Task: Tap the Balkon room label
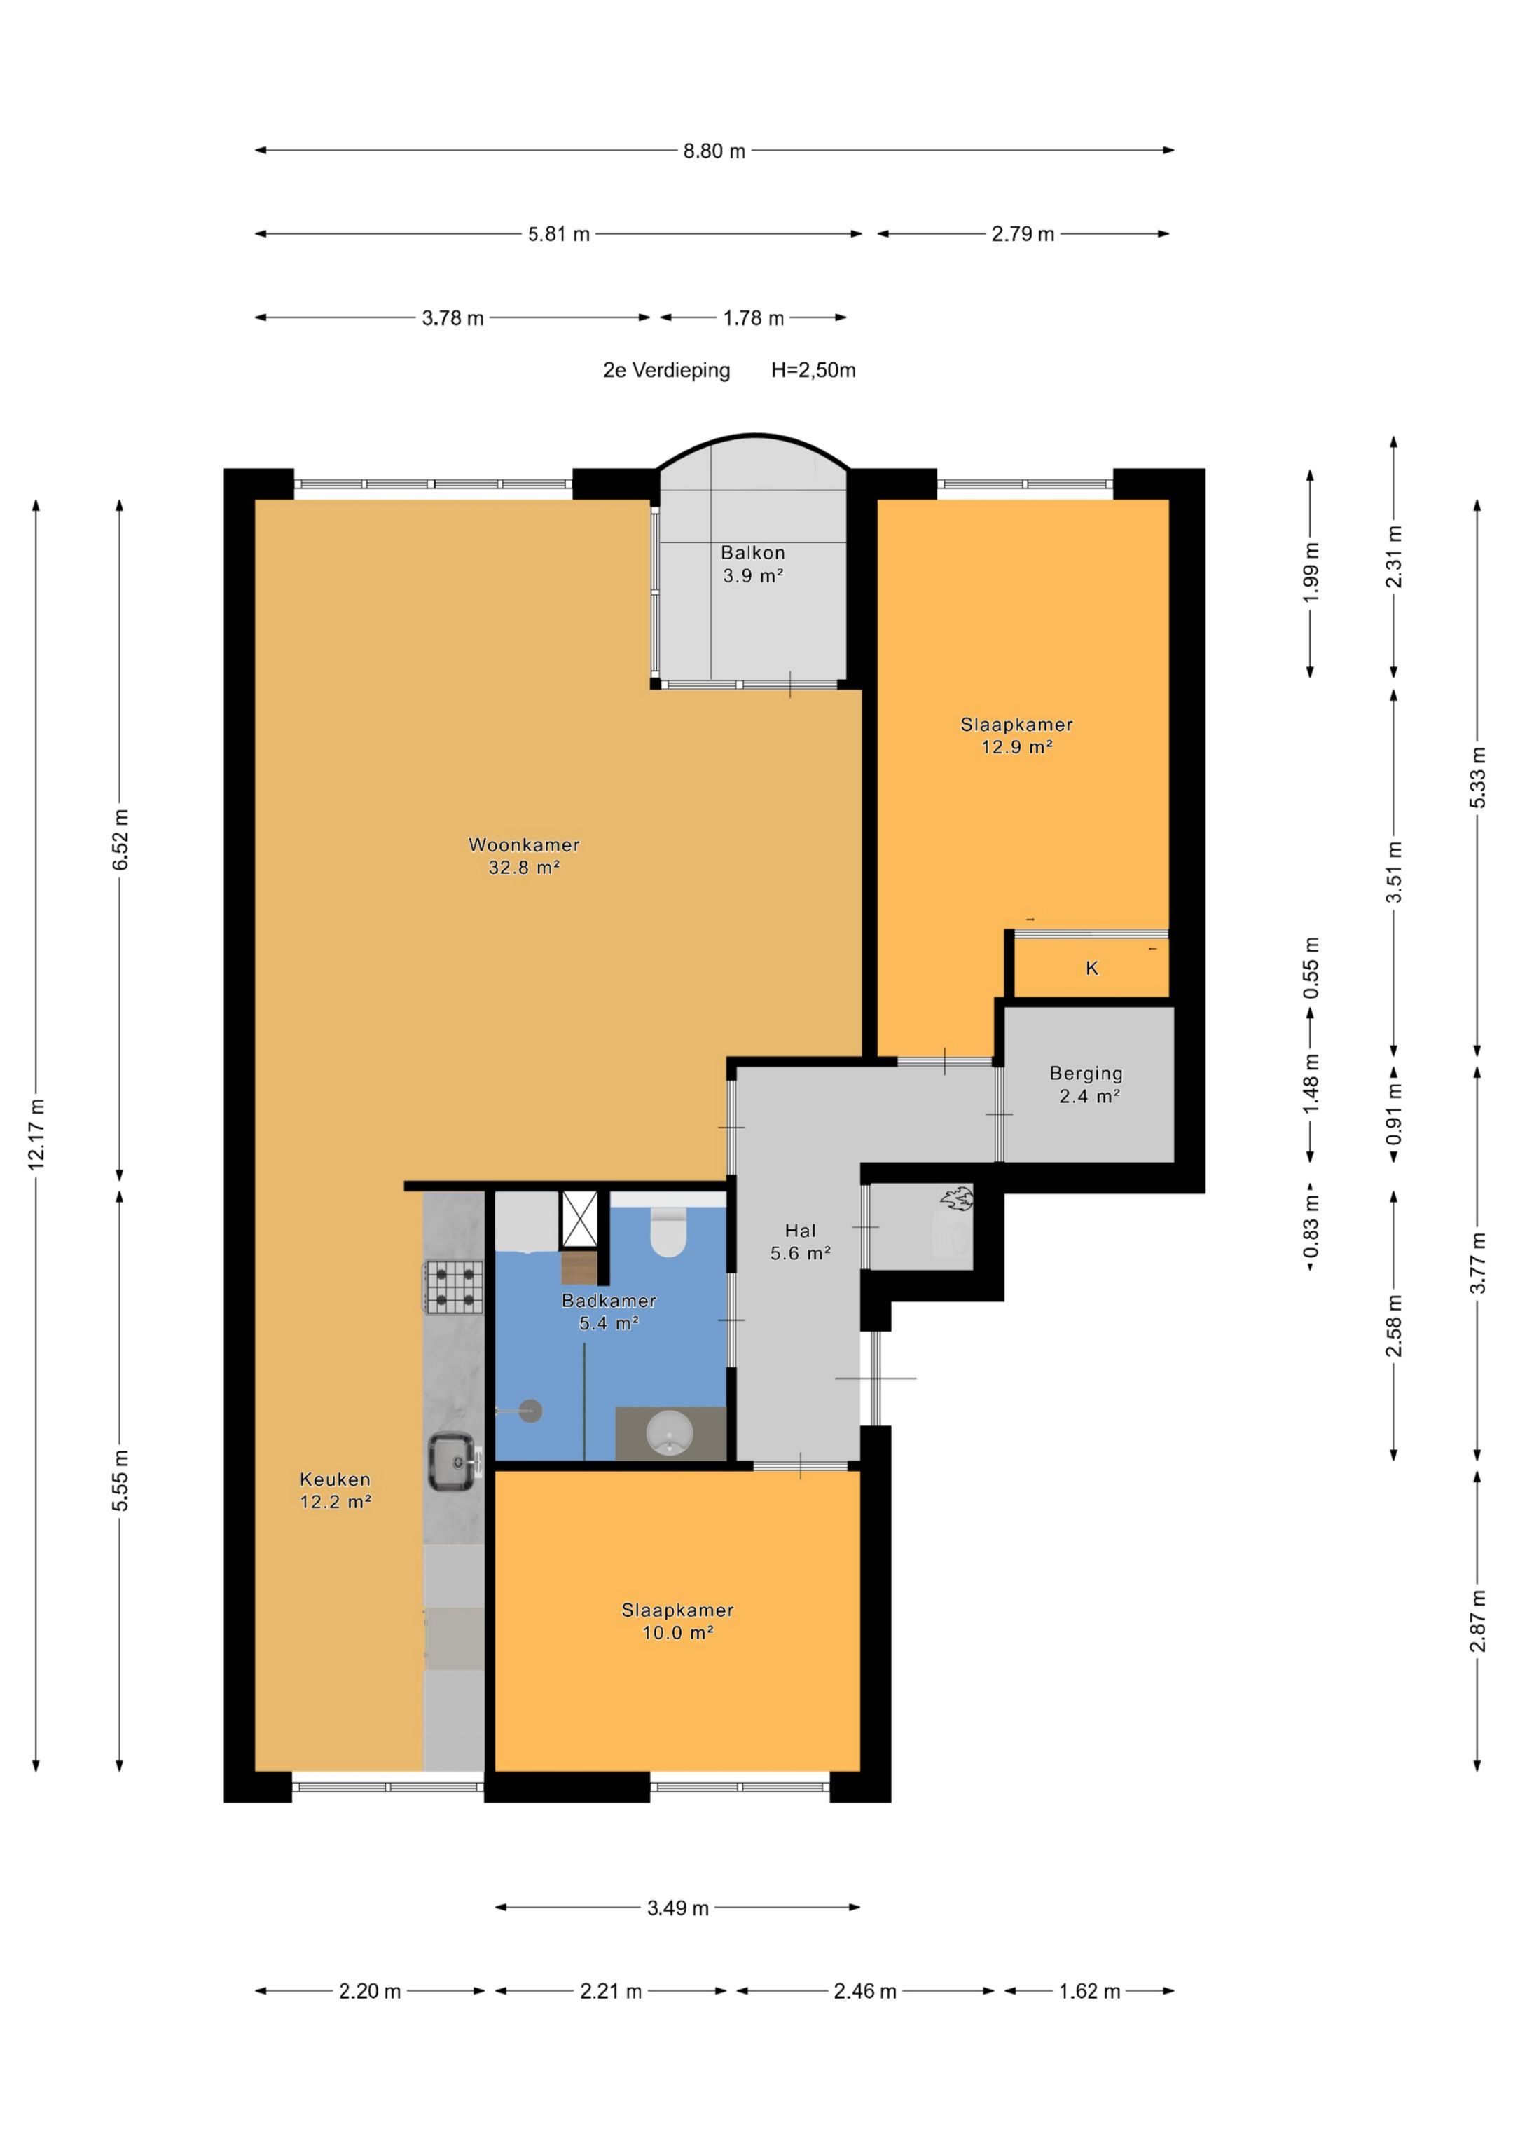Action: tap(752, 553)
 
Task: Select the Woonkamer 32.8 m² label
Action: tap(524, 856)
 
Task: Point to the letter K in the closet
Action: tap(1091, 968)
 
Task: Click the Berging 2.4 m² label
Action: tap(1088, 1084)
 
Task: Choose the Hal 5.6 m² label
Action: tap(800, 1242)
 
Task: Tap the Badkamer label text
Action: tap(609, 1300)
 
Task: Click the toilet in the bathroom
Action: tap(668, 1232)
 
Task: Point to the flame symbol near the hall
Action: tap(956, 1198)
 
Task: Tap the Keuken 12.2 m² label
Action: tap(336, 1490)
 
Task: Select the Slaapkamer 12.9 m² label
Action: tap(1016, 734)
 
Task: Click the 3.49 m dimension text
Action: tap(678, 1908)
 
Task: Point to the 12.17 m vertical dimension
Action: tap(36, 1134)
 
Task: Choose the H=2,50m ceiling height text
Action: tap(813, 370)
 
